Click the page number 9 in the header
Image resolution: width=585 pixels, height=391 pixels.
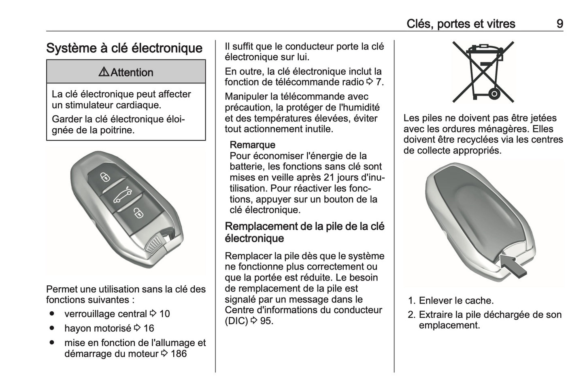pos(559,24)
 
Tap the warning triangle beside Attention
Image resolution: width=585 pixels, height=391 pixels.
pos(104,72)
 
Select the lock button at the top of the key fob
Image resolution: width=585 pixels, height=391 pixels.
pos(105,177)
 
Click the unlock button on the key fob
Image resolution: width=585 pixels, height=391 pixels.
pos(138,213)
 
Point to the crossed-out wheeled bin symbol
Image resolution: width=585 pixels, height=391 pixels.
pos(483,71)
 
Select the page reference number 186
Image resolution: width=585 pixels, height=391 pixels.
pos(179,354)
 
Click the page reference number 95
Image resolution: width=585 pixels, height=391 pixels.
pos(267,321)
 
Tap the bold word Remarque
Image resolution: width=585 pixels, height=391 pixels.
pos(252,145)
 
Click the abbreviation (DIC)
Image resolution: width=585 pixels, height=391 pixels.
pos(236,321)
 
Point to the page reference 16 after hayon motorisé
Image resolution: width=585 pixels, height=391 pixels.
pos(149,328)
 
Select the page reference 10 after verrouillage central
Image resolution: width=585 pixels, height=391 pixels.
pos(164,314)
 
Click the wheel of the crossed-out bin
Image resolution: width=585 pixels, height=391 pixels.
pos(494,94)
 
